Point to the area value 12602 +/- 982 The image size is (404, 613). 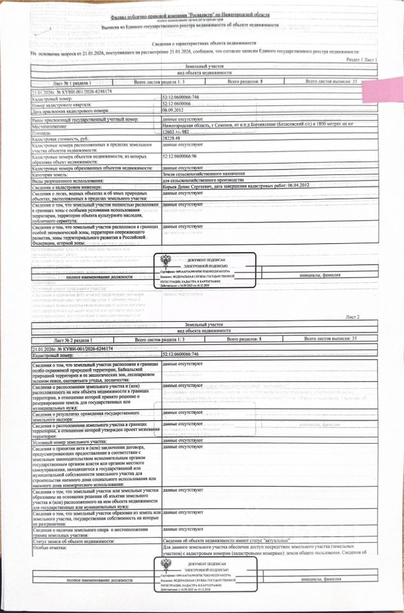178,132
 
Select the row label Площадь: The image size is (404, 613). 44,132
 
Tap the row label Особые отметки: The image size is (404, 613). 50,548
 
